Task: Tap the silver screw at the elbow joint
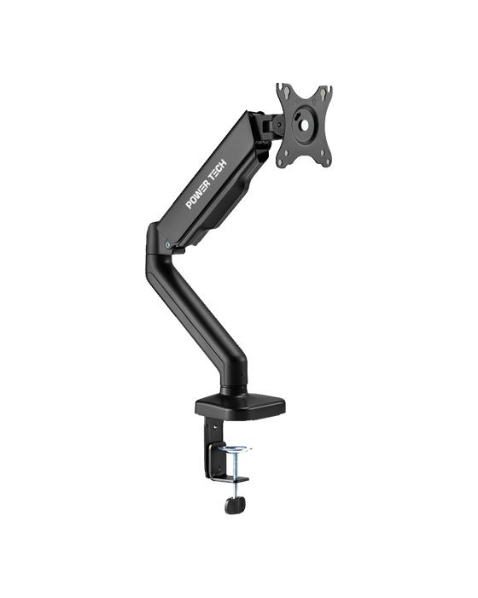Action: pos(170,246)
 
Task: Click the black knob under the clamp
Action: pos(233,505)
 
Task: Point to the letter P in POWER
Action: pos(189,204)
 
